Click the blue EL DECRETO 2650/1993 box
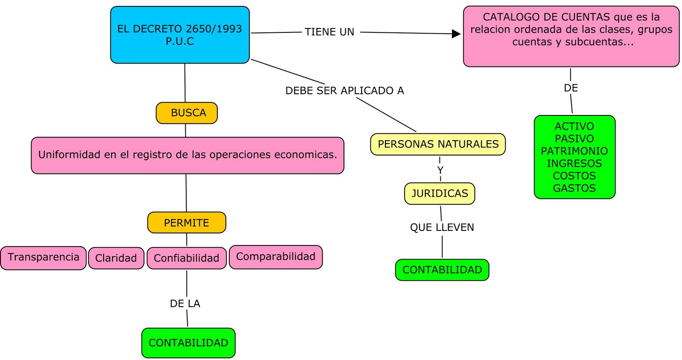pyautogui.click(x=179, y=35)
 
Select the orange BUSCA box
pyautogui.click(x=187, y=113)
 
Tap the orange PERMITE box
pyautogui.click(x=187, y=223)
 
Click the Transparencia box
pyautogui.click(x=43, y=258)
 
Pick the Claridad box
pyautogui.click(x=116, y=258)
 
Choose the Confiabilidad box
pyautogui.click(x=186, y=258)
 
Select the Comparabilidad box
pyautogui.click(x=276, y=257)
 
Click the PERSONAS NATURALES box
pyautogui.click(x=438, y=144)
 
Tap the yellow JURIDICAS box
pyautogui.click(x=439, y=193)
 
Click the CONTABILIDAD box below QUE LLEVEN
pyautogui.click(x=442, y=270)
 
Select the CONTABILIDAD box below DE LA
pyautogui.click(x=188, y=343)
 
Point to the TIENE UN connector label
pyautogui.click(x=329, y=32)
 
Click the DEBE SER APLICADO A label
pyautogui.click(x=344, y=91)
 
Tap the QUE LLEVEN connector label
pyautogui.click(x=442, y=228)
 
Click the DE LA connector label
pyautogui.click(x=185, y=304)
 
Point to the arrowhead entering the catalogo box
pyautogui.click(x=456, y=34)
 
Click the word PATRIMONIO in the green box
pyautogui.click(x=574, y=151)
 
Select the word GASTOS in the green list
pyautogui.click(x=574, y=188)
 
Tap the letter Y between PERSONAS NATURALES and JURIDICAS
pyautogui.click(x=440, y=170)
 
